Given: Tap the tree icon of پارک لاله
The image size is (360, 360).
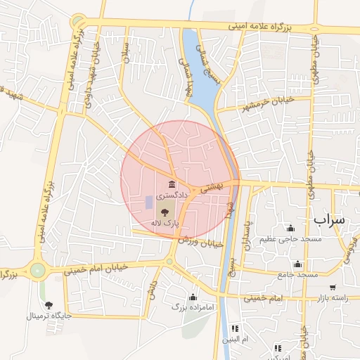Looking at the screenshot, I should pyautogui.click(x=165, y=211).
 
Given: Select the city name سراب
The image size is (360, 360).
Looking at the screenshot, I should pyautogui.click(x=330, y=219).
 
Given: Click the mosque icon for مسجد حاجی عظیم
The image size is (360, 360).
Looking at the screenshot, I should pyautogui.click(x=290, y=228).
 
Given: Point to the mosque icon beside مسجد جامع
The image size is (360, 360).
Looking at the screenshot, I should pyautogui.click(x=297, y=264).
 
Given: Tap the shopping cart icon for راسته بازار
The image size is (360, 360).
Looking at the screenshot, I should pyautogui.click(x=333, y=288).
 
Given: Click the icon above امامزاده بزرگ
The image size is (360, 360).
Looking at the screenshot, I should pyautogui.click(x=193, y=296).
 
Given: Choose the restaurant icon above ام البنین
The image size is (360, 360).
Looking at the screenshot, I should pyautogui.click(x=235, y=328).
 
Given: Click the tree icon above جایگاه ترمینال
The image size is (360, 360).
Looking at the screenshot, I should pyautogui.click(x=49, y=304).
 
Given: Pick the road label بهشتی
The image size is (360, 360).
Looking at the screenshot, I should pyautogui.click(x=210, y=186).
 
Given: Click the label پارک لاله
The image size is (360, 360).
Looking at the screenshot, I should pyautogui.click(x=165, y=222).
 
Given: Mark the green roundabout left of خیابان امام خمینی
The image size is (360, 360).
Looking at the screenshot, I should pyautogui.click(x=37, y=269).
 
